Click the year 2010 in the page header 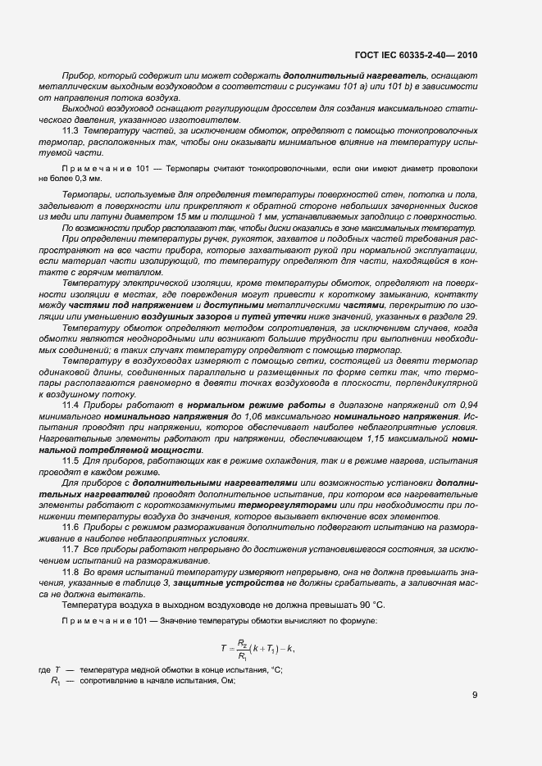(462, 56)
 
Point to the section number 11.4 (72, 405)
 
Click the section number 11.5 (72, 462)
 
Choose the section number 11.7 (72, 549)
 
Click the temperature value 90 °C (368, 604)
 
